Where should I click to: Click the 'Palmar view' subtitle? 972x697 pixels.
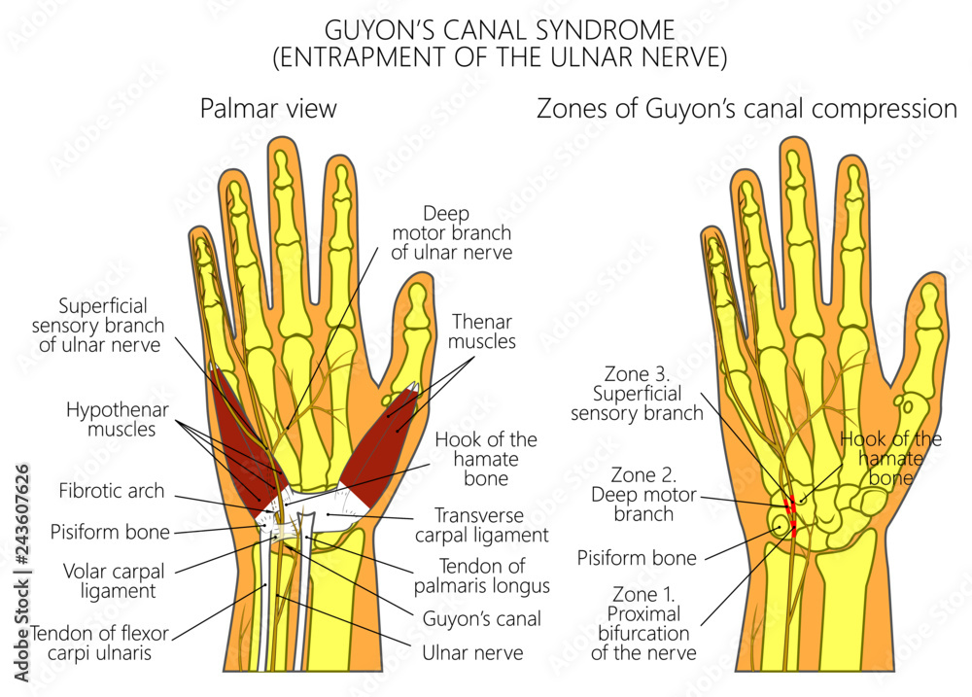(268, 108)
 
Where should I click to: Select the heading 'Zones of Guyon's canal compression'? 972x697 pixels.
(746, 108)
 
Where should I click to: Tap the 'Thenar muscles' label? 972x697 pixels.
(482, 331)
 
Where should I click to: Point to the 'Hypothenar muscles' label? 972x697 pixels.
(111, 419)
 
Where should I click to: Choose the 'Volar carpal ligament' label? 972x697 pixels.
(114, 580)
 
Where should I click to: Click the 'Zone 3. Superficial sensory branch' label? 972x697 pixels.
(642, 393)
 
